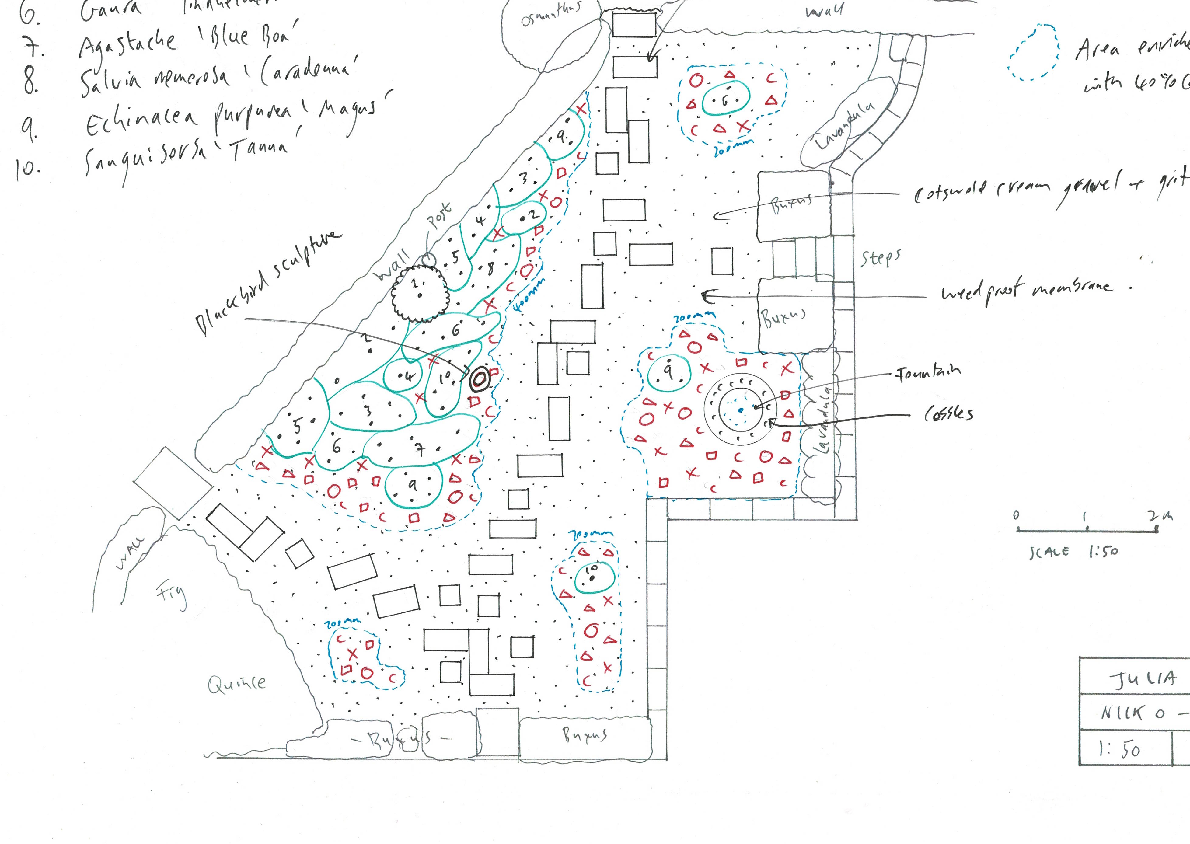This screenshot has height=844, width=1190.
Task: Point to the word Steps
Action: [881, 258]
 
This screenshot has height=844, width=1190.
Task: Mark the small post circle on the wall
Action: [428, 258]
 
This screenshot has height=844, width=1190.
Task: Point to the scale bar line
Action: [1086, 530]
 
